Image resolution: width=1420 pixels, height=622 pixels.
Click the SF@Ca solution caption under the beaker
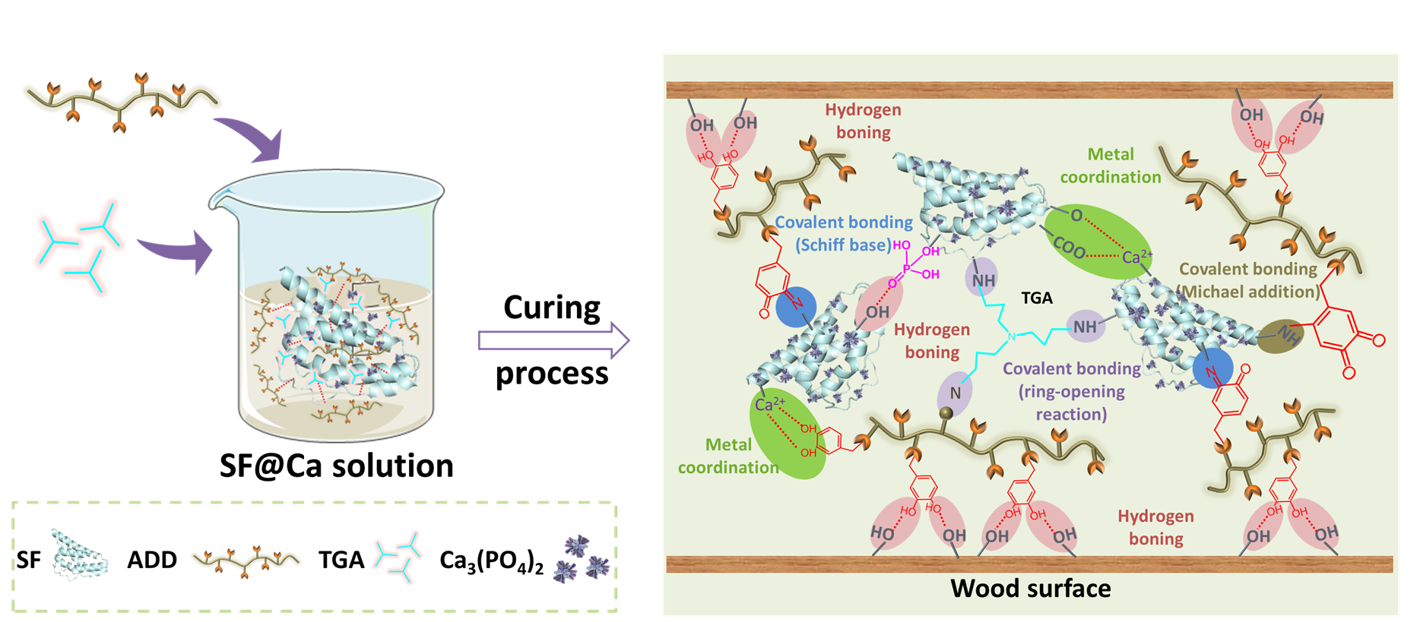336,466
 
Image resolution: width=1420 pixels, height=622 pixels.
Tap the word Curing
552,308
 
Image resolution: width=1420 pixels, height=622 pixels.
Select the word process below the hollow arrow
552,374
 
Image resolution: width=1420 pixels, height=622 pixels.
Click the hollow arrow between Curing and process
553,341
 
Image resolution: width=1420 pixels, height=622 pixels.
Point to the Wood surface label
1030,589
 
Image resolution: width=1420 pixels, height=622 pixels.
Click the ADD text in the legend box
152,560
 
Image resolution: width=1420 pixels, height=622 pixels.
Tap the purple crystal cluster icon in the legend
582,560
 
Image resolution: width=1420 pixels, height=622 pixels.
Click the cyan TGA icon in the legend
399,557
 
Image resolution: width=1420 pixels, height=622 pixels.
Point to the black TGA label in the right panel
1037,298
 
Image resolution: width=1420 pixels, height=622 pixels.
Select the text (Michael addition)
1247,292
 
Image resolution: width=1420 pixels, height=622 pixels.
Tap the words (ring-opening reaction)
1072,403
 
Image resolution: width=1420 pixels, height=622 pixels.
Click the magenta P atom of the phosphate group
906,268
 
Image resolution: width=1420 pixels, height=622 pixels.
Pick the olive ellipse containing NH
1280,336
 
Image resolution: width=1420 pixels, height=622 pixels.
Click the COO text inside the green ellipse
1069,246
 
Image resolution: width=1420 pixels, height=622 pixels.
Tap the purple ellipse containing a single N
954,393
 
